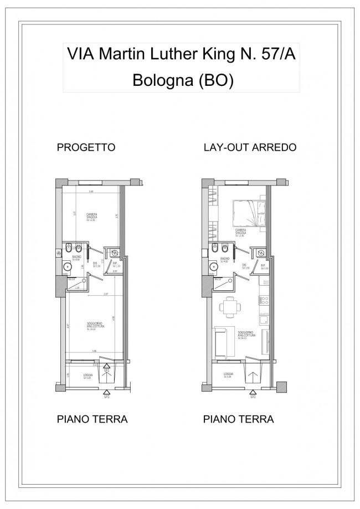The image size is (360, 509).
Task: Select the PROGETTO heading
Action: pos(86,148)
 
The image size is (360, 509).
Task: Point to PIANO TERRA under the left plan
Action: pos(92,419)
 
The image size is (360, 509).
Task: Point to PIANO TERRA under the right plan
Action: pos(239,419)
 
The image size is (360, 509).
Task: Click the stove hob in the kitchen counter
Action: pos(264,301)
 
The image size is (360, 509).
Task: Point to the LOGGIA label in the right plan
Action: pos(228,376)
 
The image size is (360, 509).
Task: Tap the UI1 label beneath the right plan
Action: pos(253,396)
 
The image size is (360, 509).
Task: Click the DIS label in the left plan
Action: pos(95,264)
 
